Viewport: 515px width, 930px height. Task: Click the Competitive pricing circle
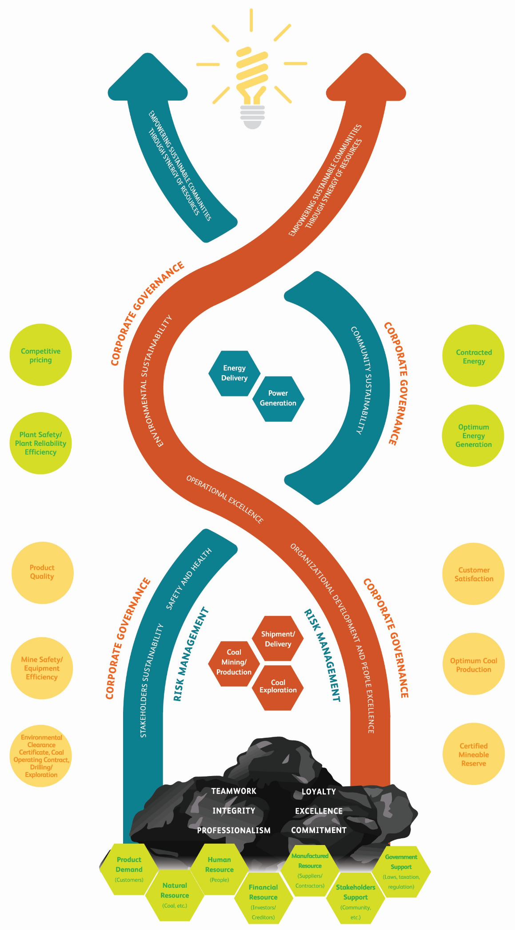pyautogui.click(x=40, y=355)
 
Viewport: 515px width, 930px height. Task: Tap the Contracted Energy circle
pyautogui.click(x=474, y=356)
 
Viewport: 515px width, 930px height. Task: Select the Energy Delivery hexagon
pyautogui.click(x=234, y=373)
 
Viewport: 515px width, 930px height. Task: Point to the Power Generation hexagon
pyautogui.click(x=278, y=398)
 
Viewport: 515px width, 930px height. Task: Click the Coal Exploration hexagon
pyautogui.click(x=278, y=687)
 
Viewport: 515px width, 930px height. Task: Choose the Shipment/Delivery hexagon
pyautogui.click(x=278, y=639)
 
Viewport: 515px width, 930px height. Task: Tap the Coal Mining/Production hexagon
pyautogui.click(x=234, y=663)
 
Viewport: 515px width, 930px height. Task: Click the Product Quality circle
pyautogui.click(x=42, y=572)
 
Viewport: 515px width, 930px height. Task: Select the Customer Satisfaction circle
pyautogui.click(x=474, y=574)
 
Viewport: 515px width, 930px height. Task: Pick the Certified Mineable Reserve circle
pyautogui.click(x=474, y=754)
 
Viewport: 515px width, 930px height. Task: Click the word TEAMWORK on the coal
pyautogui.click(x=234, y=791)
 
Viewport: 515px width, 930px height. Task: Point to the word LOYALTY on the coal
pyautogui.click(x=319, y=792)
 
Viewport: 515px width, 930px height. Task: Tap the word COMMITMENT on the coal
pyautogui.click(x=319, y=830)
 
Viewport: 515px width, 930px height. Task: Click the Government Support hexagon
pyautogui.click(x=401, y=871)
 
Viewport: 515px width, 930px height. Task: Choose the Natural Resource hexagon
pyautogui.click(x=175, y=895)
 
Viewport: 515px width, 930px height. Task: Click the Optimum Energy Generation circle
pyautogui.click(x=473, y=436)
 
